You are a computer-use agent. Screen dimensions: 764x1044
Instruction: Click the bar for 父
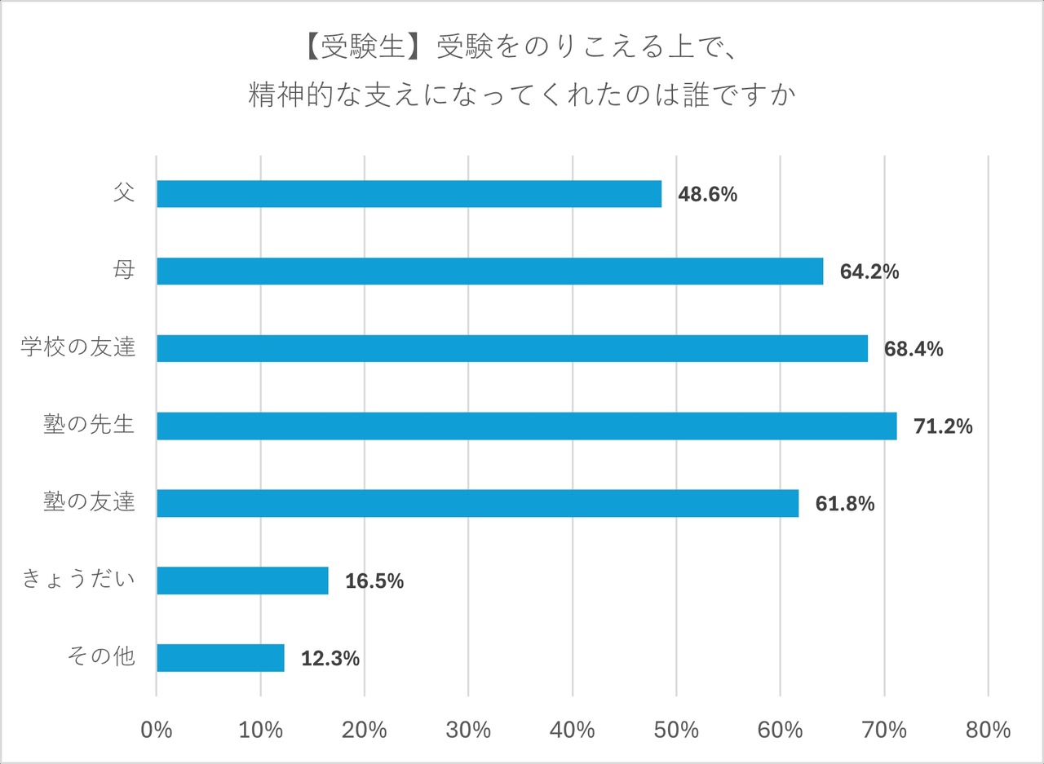coord(408,194)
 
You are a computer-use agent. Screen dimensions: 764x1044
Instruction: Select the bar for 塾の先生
coord(526,426)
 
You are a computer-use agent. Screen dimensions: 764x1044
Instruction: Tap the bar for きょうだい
coord(242,581)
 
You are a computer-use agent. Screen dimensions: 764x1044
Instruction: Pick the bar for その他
coord(220,658)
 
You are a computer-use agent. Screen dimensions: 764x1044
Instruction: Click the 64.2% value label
coord(869,272)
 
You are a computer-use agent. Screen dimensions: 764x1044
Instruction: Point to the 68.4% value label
coord(913,350)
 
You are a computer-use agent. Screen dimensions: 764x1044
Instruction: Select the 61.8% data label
coord(845,504)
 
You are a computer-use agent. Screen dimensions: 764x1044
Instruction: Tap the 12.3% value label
coord(330,659)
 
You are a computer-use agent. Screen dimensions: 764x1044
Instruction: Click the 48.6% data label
coord(708,195)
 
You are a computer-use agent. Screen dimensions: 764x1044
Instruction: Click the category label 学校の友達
coord(78,349)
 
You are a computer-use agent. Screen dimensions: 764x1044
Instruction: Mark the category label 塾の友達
coord(89,503)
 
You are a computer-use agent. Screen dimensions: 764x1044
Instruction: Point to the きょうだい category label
coord(78,581)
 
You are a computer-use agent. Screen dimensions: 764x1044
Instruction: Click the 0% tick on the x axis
coord(157,729)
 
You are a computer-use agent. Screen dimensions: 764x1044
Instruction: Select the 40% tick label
coord(573,729)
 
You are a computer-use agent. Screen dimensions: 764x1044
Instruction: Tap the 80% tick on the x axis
coord(988,729)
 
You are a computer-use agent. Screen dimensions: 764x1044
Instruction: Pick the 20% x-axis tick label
coord(365,729)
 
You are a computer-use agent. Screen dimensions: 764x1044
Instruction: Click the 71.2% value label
coord(943,426)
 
